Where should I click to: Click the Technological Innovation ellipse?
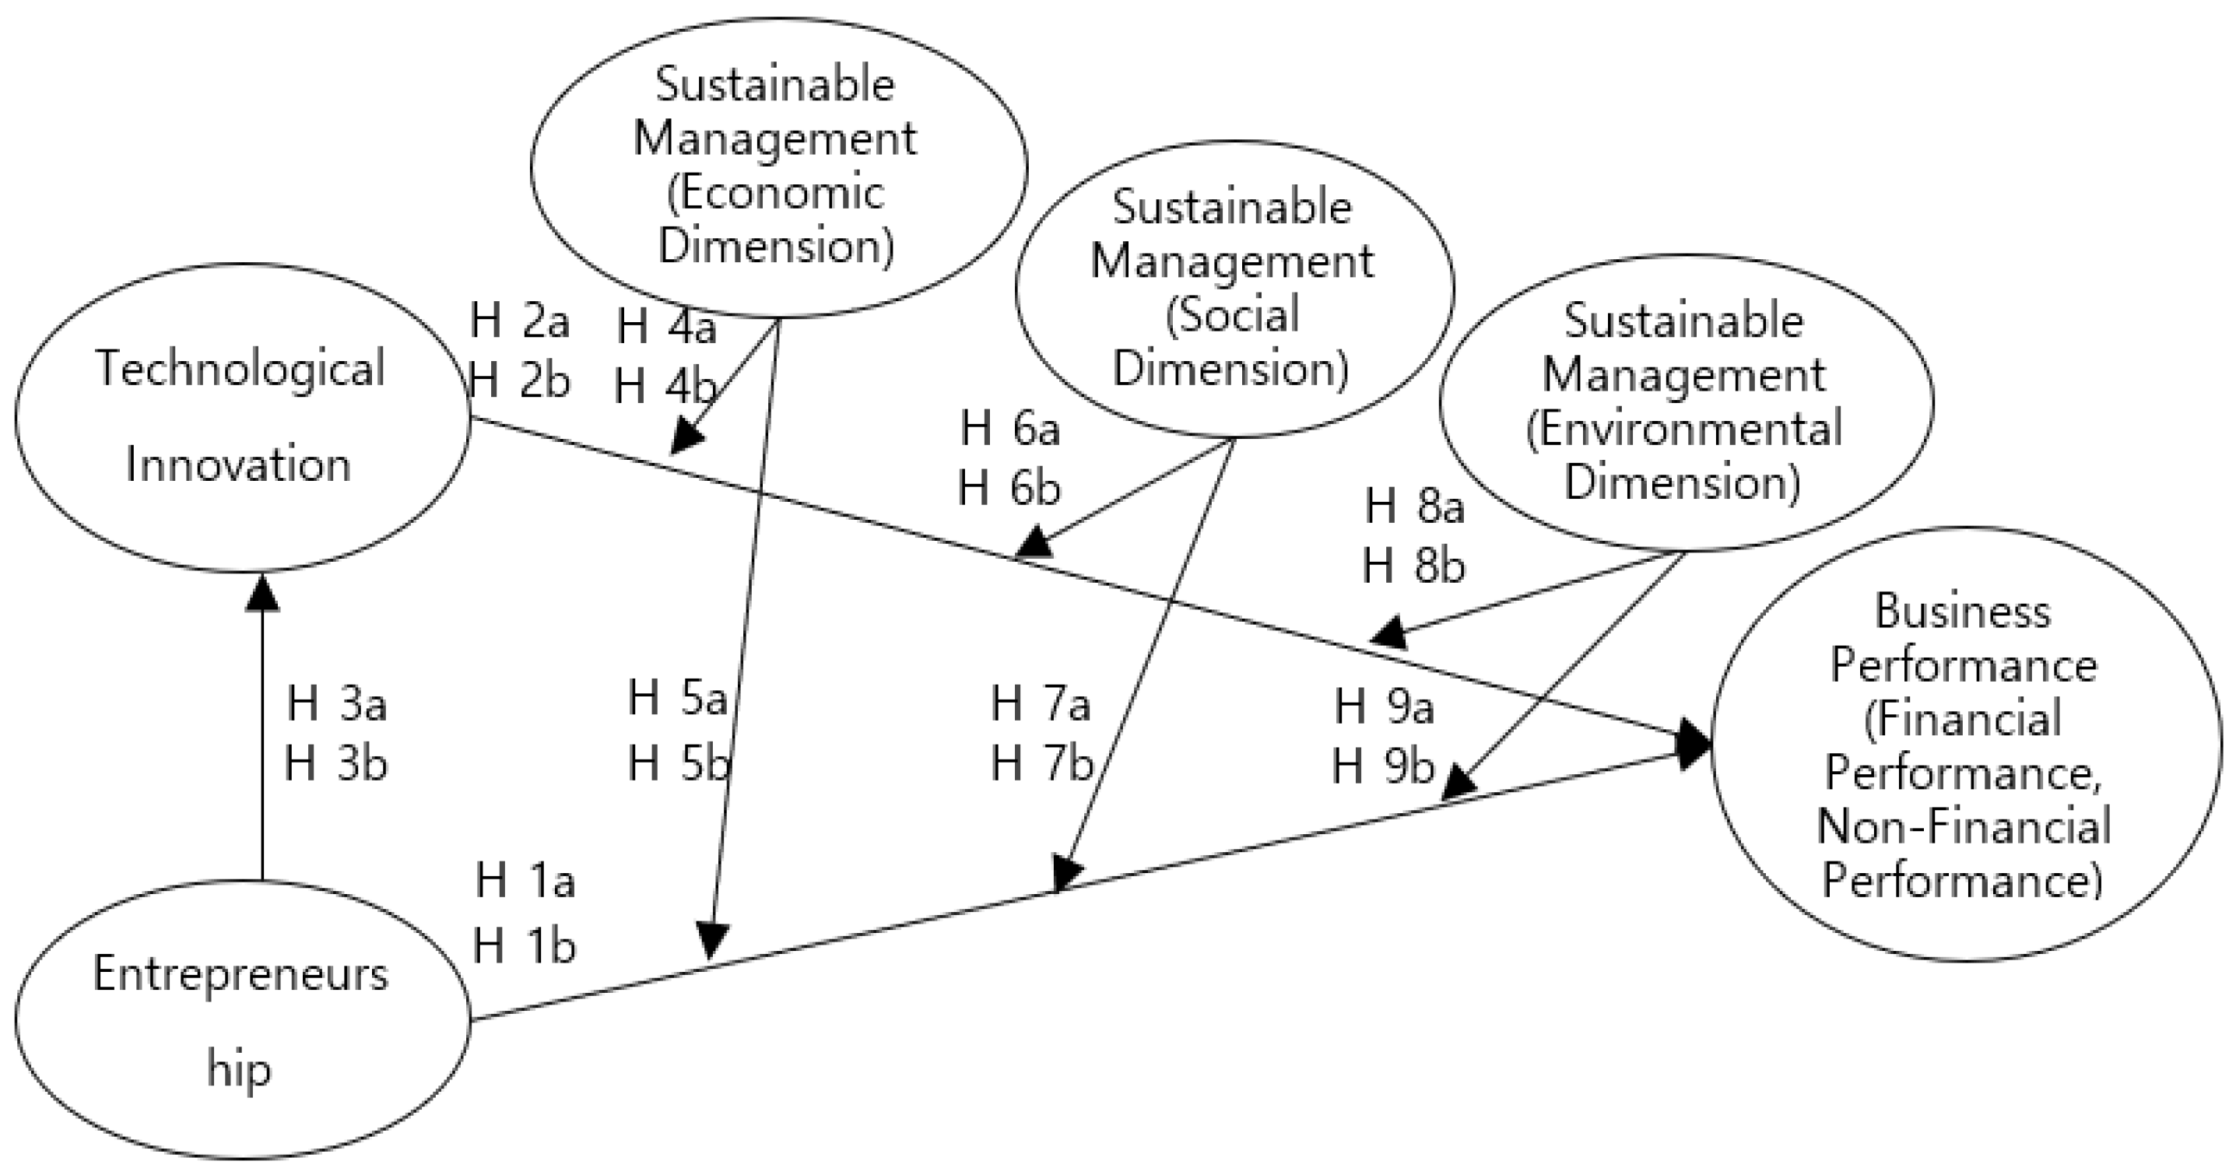click(x=241, y=416)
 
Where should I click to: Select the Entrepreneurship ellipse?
click(x=241, y=1019)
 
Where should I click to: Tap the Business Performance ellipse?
click(x=1965, y=745)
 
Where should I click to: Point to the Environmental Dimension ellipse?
click(x=1685, y=402)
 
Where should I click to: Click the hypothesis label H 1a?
click(x=525, y=882)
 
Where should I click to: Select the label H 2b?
click(x=519, y=381)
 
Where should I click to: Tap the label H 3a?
click(x=337, y=703)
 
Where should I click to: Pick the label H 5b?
click(x=679, y=765)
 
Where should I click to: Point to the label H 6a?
click(x=1010, y=430)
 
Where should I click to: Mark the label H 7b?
click(x=1041, y=765)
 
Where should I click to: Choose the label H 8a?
click(x=1415, y=507)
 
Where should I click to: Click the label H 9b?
click(x=1384, y=768)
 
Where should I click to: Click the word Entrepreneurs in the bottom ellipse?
click(x=240, y=974)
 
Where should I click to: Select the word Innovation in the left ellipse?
click(x=239, y=465)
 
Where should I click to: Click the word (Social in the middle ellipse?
click(x=1232, y=314)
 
